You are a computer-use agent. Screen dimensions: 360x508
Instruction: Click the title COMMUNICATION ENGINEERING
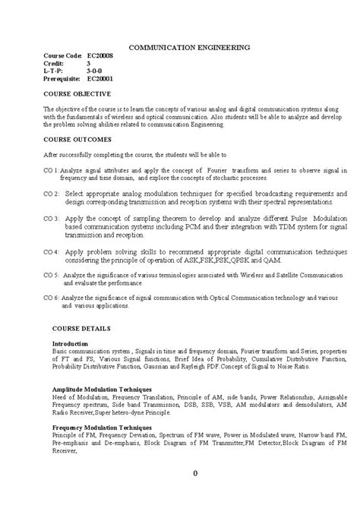[188, 46]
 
